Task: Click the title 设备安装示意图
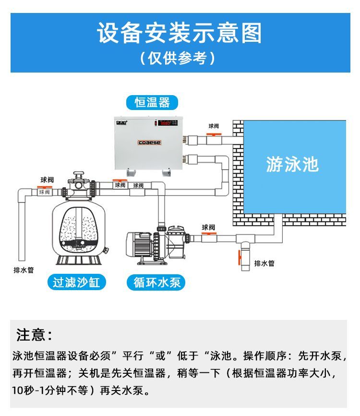180,33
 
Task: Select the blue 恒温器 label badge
152,102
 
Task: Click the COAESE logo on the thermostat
150,143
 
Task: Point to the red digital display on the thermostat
166,123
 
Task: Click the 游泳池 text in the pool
292,164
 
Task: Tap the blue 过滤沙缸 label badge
77,282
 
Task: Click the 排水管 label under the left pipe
24,270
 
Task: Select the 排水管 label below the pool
264,263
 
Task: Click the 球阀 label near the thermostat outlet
214,126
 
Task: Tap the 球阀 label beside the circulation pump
208,227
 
